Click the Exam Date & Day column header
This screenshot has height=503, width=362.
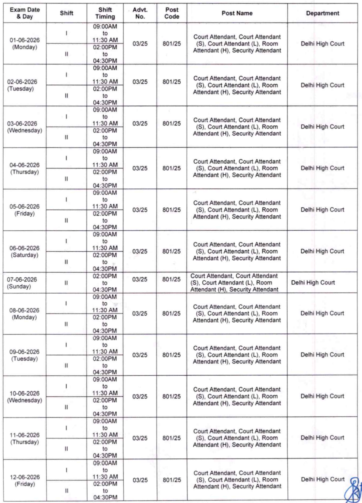tap(25, 13)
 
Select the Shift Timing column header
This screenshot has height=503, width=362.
tap(105, 13)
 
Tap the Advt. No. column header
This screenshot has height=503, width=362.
tap(140, 13)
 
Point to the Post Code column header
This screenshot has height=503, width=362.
tap(172, 13)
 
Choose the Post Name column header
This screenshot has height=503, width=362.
tap(237, 13)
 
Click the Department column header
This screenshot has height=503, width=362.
tap(322, 13)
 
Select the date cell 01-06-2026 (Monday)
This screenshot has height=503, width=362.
tap(25, 43)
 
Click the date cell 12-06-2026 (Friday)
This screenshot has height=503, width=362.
tap(25, 480)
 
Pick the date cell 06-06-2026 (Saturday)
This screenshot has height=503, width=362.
tap(24, 251)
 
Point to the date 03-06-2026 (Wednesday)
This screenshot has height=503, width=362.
tap(24, 127)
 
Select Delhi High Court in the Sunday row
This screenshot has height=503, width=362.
tap(313, 282)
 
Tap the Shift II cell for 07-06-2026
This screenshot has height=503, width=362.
tap(66, 283)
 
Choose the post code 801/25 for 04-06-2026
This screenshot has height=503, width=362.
tap(172, 168)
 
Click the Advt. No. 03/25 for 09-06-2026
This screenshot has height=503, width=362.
tap(140, 355)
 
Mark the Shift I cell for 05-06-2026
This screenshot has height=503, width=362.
tap(66, 200)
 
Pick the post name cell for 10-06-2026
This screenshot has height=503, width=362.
tap(237, 396)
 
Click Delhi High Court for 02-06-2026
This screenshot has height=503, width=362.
tap(322, 85)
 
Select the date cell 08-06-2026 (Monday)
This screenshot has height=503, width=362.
tap(24, 314)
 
